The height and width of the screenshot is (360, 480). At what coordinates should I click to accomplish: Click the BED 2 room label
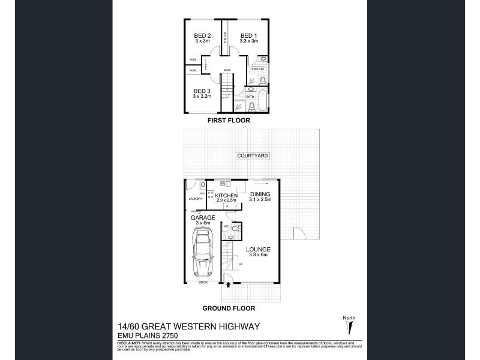coord(202,35)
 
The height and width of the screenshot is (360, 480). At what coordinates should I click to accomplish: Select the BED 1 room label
coord(248,35)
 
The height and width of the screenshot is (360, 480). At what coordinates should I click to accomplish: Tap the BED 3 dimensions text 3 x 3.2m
coord(202,96)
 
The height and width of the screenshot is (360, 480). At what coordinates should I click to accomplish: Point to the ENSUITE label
coord(257,69)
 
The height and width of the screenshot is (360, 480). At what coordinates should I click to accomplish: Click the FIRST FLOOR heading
coord(228,121)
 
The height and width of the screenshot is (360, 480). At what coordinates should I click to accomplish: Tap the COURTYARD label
coord(253,155)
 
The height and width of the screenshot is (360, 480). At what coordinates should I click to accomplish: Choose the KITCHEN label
coord(227,196)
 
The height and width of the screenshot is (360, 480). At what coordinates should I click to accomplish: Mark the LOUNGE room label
coord(259,249)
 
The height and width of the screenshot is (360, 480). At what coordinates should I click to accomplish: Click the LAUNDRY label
coord(194,199)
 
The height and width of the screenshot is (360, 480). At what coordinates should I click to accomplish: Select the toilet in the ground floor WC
coord(236,228)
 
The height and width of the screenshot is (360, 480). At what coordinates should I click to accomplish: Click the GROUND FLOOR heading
coord(228,308)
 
